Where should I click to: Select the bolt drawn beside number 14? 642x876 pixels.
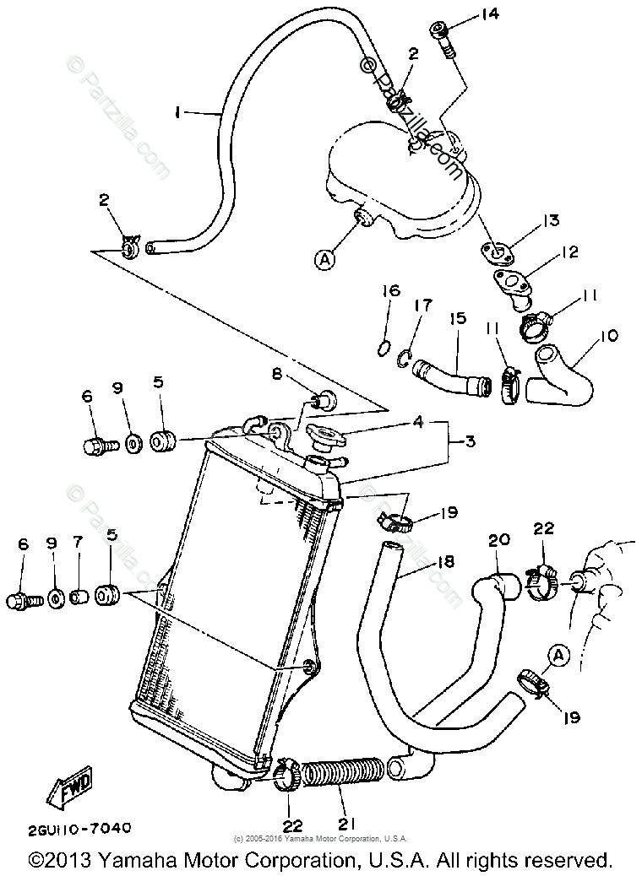click(x=445, y=38)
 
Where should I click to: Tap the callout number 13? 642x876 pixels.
click(x=551, y=220)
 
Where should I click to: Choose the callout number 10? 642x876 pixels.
click(x=608, y=336)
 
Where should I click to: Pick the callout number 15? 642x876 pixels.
click(x=457, y=320)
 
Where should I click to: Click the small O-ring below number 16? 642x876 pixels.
click(x=383, y=347)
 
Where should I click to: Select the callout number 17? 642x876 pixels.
click(x=422, y=305)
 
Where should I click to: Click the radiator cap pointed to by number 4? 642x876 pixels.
click(x=325, y=437)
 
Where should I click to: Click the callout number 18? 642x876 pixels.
click(x=445, y=562)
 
